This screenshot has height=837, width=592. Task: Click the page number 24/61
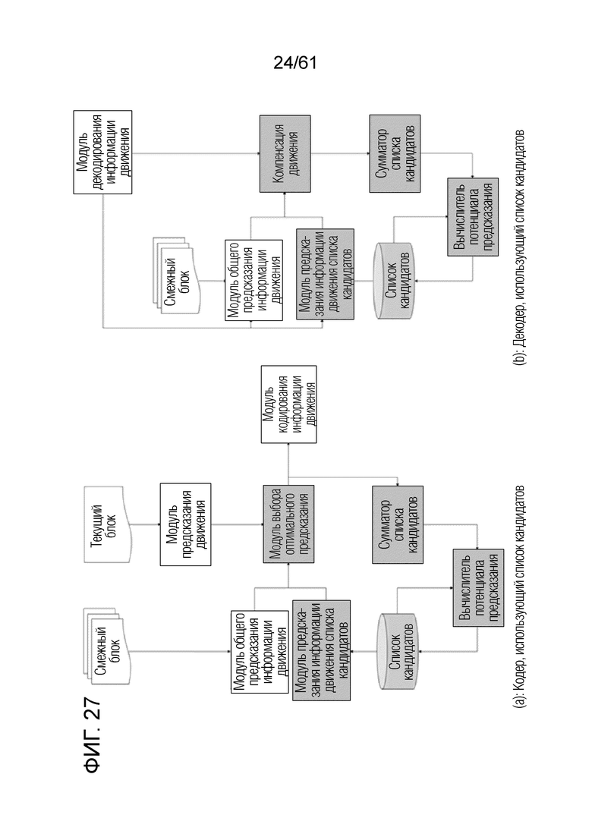pos(294,63)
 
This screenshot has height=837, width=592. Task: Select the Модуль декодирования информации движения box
pos(102,152)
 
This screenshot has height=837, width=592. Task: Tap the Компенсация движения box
pos(285,154)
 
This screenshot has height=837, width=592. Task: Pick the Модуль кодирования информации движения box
pos(289,404)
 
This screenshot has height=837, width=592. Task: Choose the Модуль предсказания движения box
pos(186,524)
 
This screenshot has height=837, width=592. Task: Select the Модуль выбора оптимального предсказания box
pos(289,524)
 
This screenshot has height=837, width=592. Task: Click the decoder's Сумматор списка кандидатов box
pos(395,154)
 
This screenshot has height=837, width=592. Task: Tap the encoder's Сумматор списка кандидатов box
pos(398,524)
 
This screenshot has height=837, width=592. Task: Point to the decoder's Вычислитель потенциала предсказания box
pos(473,217)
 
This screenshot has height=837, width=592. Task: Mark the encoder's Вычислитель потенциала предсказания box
pos(478,587)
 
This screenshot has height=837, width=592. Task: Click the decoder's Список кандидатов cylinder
pos(394,282)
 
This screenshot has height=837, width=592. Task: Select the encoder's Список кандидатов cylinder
pos(398,651)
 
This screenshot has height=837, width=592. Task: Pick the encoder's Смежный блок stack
pos(107,645)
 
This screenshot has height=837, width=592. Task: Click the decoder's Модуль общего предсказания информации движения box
pos(253,280)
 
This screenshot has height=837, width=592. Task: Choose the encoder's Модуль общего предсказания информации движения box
pos(259,651)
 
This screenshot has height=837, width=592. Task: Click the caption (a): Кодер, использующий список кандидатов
pos(519,596)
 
